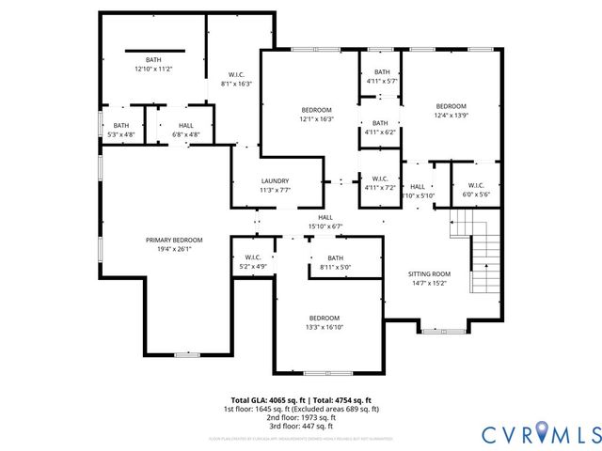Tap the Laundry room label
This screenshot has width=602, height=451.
coord(275,180)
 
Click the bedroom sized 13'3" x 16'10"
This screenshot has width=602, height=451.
coord(324,322)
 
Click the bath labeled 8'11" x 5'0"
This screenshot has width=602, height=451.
coord(335,262)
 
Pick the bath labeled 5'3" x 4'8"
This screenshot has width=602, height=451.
coord(121,130)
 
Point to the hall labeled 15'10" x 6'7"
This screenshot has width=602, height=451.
coord(325,221)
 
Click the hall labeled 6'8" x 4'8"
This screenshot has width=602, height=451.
coord(186,130)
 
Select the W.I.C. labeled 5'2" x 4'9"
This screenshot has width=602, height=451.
coord(252,262)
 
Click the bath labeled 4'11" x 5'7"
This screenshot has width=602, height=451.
coord(381,76)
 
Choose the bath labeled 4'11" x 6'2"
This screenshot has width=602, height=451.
coord(380,127)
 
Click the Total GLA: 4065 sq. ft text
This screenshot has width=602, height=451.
coord(265,399)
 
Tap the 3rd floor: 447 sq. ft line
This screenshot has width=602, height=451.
coord(301,425)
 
